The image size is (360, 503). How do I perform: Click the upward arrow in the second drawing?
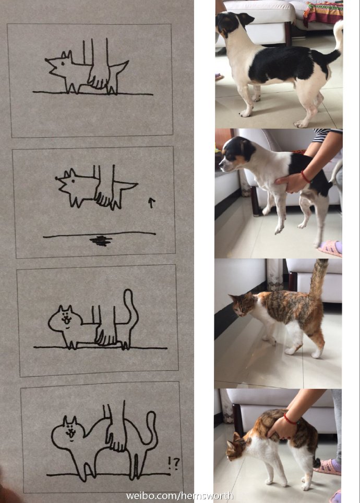(x=151, y=202)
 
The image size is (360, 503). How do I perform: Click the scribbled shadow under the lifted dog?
(x=101, y=240)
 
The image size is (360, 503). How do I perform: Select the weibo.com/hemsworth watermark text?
(x=179, y=496)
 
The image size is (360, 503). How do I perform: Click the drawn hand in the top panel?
(x=98, y=76)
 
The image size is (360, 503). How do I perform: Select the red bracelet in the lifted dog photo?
(x=304, y=177)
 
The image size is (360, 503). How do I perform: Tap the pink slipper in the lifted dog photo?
(x=330, y=248)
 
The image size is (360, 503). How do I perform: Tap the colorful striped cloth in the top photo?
(x=322, y=13)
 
